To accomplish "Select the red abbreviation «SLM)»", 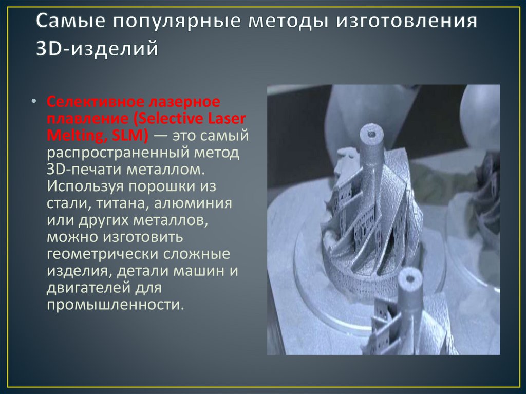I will (x=132, y=136).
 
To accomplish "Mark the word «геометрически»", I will (x=102, y=254).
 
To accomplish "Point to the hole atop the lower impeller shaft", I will (x=410, y=279).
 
